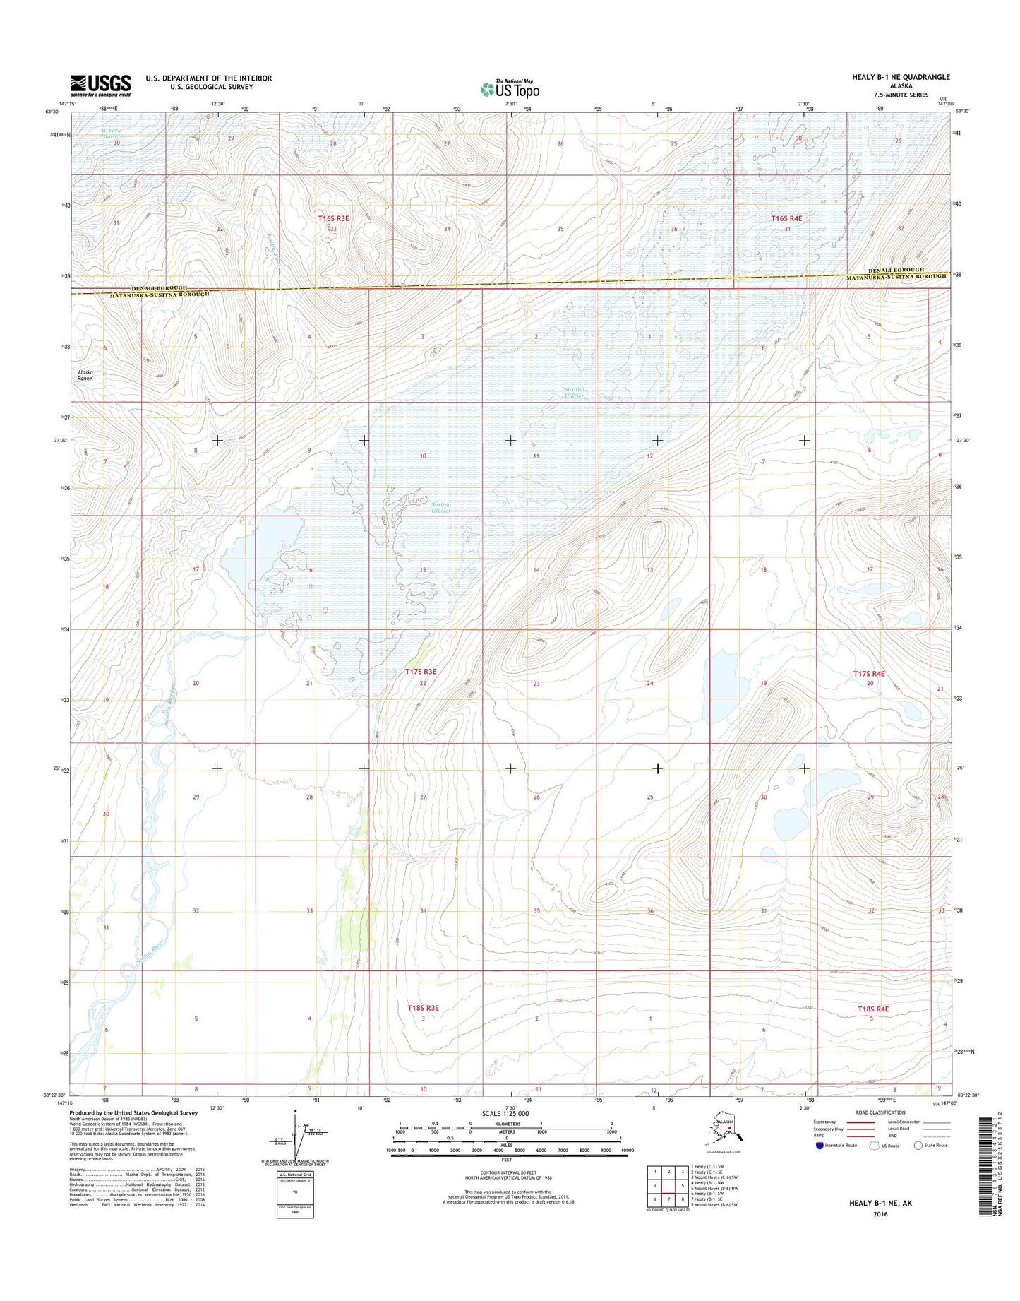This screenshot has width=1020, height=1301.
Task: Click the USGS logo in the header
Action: click(100, 86)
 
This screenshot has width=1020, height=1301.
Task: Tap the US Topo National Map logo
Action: click(510, 89)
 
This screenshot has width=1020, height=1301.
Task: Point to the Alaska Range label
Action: click(85, 375)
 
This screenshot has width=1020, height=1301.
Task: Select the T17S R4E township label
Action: click(869, 674)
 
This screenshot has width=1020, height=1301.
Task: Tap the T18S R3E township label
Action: click(424, 1008)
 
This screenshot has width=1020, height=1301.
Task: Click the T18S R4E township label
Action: click(873, 1009)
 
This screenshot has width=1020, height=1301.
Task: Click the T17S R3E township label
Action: click(421, 672)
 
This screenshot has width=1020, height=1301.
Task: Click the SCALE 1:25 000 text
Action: click(505, 1114)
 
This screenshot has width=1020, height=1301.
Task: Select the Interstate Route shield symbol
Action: click(820, 1146)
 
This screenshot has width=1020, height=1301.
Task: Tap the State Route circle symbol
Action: click(918, 1146)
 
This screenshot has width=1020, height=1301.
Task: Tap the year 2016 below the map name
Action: click(880, 1215)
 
